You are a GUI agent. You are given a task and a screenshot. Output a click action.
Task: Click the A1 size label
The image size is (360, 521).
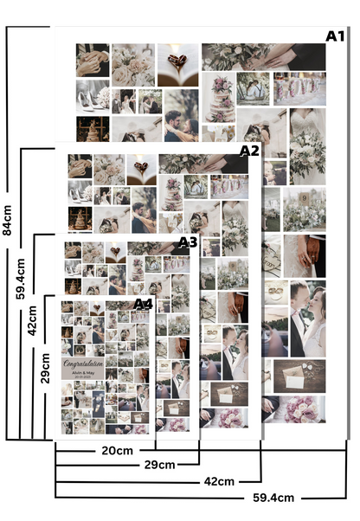(x=335, y=35)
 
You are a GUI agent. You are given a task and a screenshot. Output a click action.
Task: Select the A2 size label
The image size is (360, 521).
(x=249, y=151)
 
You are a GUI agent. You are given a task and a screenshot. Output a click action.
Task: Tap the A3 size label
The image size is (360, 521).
(x=188, y=241)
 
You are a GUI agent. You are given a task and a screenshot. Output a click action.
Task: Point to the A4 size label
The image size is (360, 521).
(x=143, y=304)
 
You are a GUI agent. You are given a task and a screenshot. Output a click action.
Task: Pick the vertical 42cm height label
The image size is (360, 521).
(x=33, y=318)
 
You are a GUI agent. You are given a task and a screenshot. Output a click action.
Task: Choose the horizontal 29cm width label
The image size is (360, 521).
(x=160, y=465)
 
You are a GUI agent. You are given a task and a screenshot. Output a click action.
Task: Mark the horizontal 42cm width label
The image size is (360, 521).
(x=218, y=480)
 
